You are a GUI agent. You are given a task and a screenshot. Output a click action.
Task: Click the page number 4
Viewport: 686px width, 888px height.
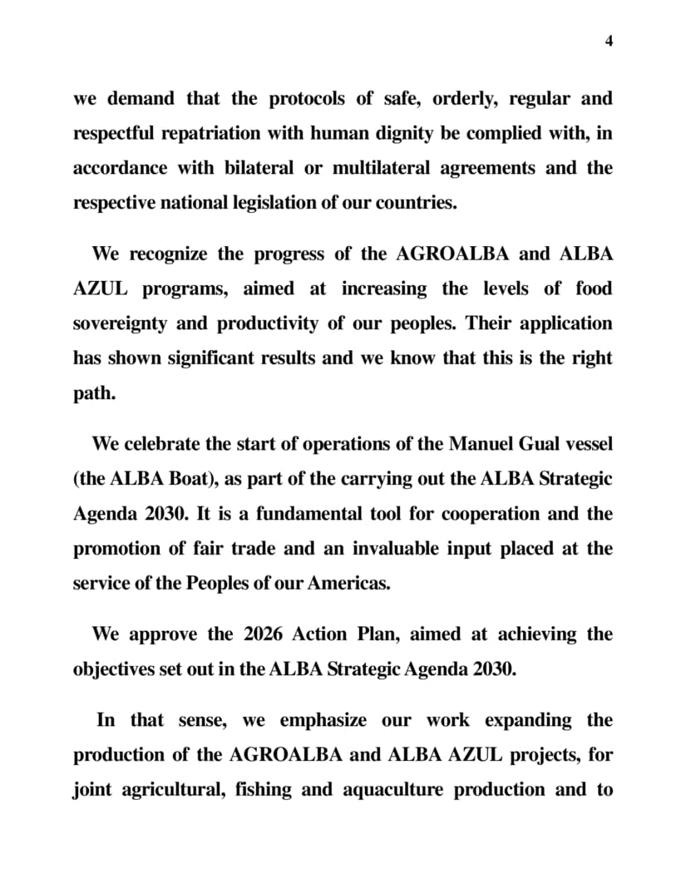point(610,42)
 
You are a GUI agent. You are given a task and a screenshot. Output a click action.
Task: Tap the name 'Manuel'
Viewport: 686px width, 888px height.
point(479,444)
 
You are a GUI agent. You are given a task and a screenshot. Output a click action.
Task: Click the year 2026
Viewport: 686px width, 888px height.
point(264,634)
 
